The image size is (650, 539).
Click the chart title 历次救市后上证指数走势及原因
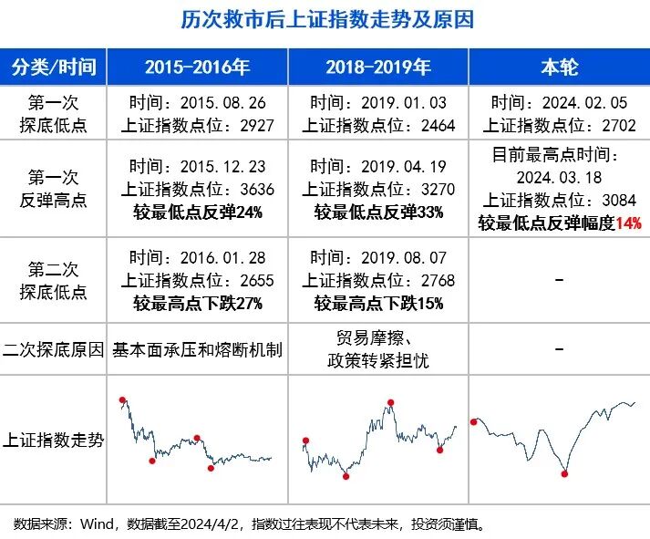(325, 19)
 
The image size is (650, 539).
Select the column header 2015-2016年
(197, 67)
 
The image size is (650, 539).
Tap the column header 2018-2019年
(378, 67)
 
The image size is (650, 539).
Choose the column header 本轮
(560, 67)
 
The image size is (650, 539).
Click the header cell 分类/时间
(53, 67)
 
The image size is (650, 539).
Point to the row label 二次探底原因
(54, 349)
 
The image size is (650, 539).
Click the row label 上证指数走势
(54, 439)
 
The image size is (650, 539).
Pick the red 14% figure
(629, 223)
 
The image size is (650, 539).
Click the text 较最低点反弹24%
(197, 212)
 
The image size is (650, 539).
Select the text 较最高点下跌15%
(378, 303)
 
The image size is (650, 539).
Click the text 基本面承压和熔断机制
(197, 349)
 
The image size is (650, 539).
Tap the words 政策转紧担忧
(378, 361)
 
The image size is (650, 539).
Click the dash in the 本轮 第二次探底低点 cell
(559, 280)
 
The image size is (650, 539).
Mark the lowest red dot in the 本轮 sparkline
(565, 473)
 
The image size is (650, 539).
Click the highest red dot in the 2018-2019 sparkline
(391, 402)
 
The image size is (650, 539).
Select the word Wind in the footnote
(96, 523)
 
